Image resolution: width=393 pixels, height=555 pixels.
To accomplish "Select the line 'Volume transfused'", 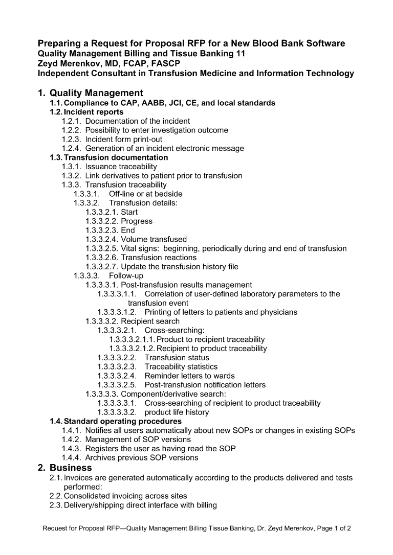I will (x=154, y=239).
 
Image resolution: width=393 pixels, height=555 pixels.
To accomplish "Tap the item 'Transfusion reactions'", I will (x=159, y=258).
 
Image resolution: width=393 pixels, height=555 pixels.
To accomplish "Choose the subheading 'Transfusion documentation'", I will (x=116, y=157).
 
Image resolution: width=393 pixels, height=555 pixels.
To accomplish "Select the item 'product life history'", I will (x=177, y=412).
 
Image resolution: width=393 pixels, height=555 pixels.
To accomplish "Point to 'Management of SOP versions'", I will (x=138, y=440).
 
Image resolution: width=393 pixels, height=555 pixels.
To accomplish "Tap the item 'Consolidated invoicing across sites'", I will (x=125, y=496).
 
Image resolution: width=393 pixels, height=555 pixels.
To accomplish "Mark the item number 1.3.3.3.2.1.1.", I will (x=132, y=339).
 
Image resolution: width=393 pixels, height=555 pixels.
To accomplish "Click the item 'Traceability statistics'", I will (x=181, y=366).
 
